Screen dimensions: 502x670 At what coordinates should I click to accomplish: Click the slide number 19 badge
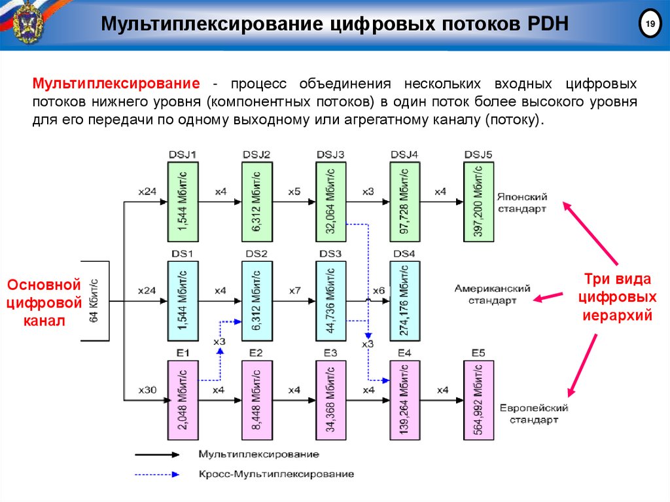650,25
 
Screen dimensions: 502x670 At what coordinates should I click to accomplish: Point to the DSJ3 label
330,154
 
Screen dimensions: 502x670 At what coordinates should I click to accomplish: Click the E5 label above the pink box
478,353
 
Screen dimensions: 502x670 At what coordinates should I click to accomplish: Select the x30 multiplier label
147,390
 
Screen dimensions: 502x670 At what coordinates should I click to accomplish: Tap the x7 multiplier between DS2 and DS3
294,291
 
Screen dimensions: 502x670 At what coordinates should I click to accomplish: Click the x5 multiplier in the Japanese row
294,192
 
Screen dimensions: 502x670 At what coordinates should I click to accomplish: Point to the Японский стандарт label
521,203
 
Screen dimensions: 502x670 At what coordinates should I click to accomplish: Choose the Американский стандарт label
492,294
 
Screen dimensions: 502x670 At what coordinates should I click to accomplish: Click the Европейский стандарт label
535,413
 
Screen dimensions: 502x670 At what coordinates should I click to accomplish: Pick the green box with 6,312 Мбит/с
257,202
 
